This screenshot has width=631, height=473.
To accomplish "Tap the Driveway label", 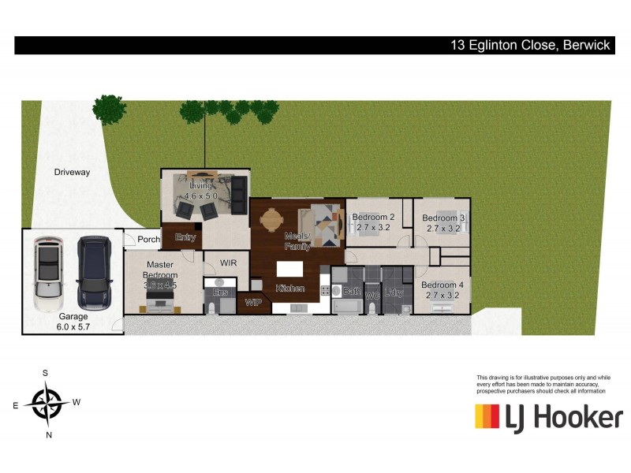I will pyautogui.click(x=73, y=172).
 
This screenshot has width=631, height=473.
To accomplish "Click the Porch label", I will pyautogui.click(x=148, y=240).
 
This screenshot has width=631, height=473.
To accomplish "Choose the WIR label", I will pyautogui.click(x=229, y=263).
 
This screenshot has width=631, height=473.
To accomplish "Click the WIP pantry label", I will pyautogui.click(x=253, y=302).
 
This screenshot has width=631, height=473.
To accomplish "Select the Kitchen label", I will pyautogui.click(x=290, y=289).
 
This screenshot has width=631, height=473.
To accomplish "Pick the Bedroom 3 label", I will pyautogui.click(x=443, y=223).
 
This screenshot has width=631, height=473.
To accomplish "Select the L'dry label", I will pyautogui.click(x=395, y=293).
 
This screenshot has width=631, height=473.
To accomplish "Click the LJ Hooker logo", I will pyautogui.click(x=548, y=416).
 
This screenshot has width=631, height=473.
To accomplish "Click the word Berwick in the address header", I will pyautogui.click(x=587, y=45).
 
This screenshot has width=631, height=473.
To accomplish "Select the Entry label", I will pyautogui.click(x=185, y=236).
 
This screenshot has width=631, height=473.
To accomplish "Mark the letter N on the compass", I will pyautogui.click(x=49, y=434).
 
